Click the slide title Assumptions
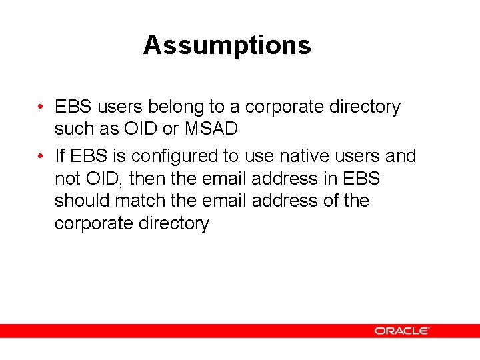[x=227, y=45]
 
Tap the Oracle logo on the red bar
[x=401, y=331]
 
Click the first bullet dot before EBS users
[x=41, y=107]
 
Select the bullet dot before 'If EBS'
[x=41, y=156]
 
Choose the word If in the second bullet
[x=59, y=156]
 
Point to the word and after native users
[x=400, y=156]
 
